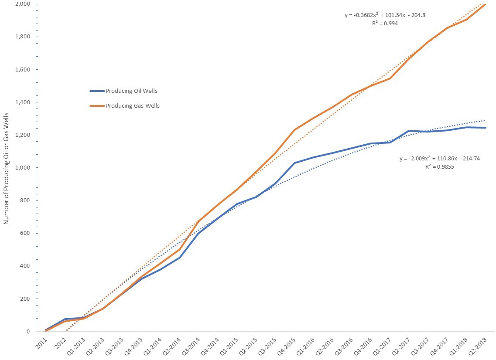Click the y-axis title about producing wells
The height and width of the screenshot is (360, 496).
point(7,168)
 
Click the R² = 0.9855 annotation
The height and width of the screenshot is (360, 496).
point(440,167)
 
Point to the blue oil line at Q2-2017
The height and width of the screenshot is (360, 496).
point(409,131)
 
